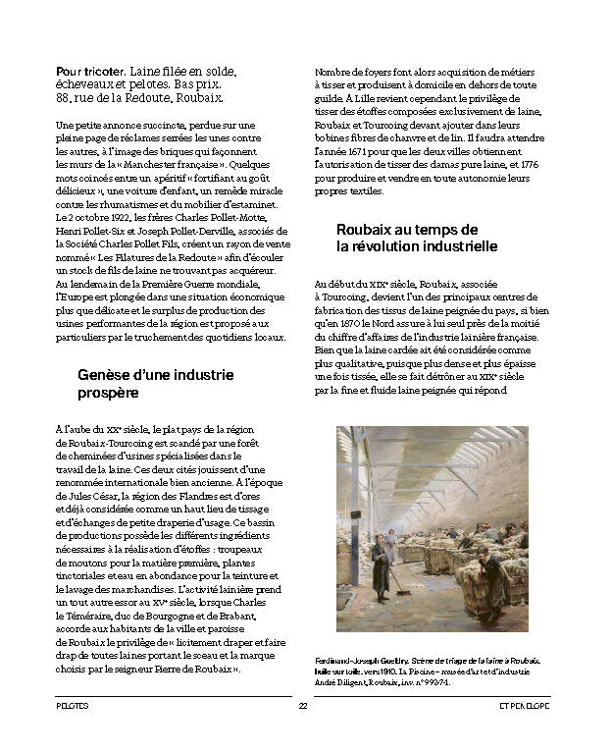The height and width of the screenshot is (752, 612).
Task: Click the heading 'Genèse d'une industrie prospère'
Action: coord(155,384)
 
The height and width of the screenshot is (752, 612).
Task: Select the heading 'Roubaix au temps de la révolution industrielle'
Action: coord(416,238)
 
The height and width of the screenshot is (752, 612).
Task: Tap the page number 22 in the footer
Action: coord(304,706)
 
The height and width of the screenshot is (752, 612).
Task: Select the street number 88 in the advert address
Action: coord(63,99)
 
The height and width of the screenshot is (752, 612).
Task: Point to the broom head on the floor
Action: coord(402,594)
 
